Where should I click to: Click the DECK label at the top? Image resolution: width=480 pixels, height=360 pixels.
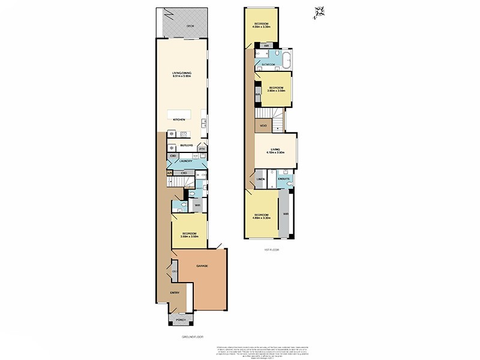pyautogui.click(x=190, y=26)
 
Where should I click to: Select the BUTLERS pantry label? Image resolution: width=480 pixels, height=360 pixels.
pyautogui.click(x=186, y=145)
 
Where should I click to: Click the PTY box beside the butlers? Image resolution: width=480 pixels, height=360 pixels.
pyautogui.click(x=202, y=148)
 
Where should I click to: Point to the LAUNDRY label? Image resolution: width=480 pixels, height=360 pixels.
pyautogui.click(x=185, y=161)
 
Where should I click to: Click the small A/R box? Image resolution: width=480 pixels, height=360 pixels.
pyautogui.click(x=170, y=173)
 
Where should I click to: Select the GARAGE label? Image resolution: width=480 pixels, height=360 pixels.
pyautogui.click(x=202, y=265)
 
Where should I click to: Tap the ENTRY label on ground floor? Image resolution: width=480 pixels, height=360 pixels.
pyautogui.click(x=175, y=292)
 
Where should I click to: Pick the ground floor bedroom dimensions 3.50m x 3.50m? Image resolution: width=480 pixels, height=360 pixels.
pyautogui.click(x=190, y=236)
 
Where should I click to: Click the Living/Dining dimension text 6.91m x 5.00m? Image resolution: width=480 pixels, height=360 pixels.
pyautogui.click(x=181, y=76)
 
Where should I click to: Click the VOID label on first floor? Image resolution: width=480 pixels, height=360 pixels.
pyautogui.click(x=263, y=125)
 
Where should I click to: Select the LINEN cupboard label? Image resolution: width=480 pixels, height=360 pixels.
pyautogui.click(x=261, y=179)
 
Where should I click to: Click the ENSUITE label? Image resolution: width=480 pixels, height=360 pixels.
pyautogui.click(x=284, y=179)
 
